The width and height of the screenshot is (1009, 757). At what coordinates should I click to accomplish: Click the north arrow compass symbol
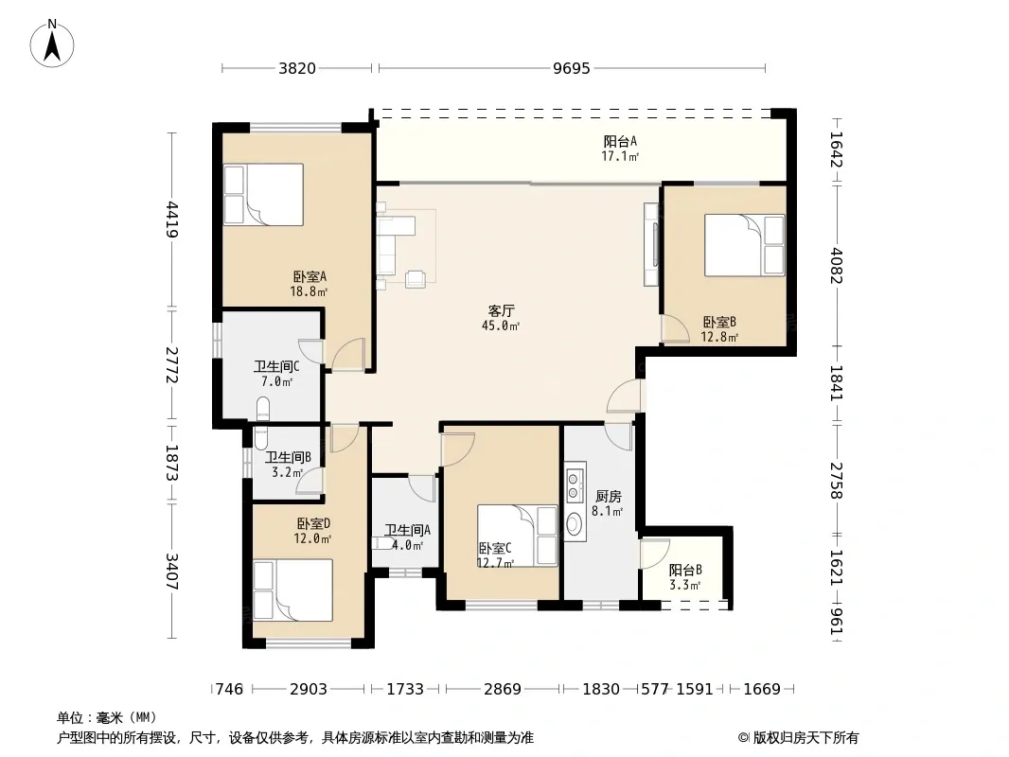tap(52, 44)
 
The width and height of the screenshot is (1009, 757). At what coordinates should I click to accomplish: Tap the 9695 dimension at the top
tap(572, 68)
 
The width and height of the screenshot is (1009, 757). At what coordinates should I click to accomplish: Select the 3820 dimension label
tap(297, 68)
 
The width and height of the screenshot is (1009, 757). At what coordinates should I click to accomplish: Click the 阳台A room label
tap(620, 141)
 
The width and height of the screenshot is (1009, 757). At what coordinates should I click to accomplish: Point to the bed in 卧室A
tap(263, 194)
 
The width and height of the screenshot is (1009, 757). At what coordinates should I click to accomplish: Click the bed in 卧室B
tap(745, 245)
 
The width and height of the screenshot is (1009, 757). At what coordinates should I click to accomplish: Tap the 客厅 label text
tap(502, 311)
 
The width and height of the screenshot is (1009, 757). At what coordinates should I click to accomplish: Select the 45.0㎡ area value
tap(501, 326)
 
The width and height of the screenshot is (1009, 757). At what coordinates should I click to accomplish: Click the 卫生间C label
tap(276, 366)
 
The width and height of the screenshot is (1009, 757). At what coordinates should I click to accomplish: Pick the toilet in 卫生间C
tap(262, 409)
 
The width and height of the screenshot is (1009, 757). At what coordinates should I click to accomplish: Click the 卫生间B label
tap(289, 457)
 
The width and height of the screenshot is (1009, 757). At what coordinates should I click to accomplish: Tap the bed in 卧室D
tap(292, 590)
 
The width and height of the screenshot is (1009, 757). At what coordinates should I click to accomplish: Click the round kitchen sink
tap(574, 524)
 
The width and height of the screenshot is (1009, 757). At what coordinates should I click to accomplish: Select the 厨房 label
tap(608, 497)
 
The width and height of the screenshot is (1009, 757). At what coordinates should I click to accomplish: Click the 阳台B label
tap(685, 570)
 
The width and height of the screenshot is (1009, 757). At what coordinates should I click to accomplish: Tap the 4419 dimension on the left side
tap(172, 220)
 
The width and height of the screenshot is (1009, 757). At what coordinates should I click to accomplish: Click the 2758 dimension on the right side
tap(835, 481)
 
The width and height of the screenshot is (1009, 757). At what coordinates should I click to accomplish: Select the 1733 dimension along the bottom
tap(405, 690)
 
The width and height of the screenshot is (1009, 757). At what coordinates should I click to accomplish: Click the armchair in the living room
tap(416, 279)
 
